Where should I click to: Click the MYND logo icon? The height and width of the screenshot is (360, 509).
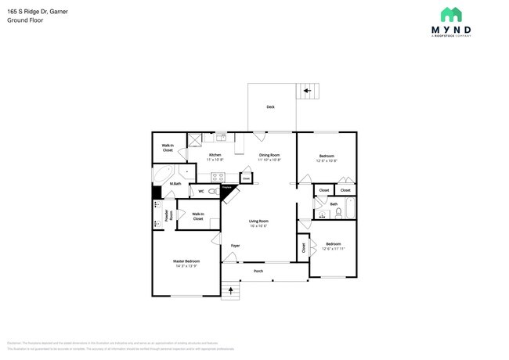click(451, 14)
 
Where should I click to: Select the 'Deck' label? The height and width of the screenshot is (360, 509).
click(270, 106)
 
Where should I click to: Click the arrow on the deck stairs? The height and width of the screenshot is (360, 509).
click(308, 92)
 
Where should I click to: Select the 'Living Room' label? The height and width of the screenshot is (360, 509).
click(259, 222)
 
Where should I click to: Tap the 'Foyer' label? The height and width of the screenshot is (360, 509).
click(235, 246)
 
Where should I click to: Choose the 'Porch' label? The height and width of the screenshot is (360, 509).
click(258, 272)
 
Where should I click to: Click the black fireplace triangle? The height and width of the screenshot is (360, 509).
click(226, 191)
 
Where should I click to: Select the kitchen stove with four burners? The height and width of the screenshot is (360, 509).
click(218, 177)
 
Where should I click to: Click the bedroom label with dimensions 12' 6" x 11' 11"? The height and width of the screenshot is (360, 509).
click(333, 245)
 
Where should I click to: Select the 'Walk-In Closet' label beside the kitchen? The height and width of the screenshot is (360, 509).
click(168, 147)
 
